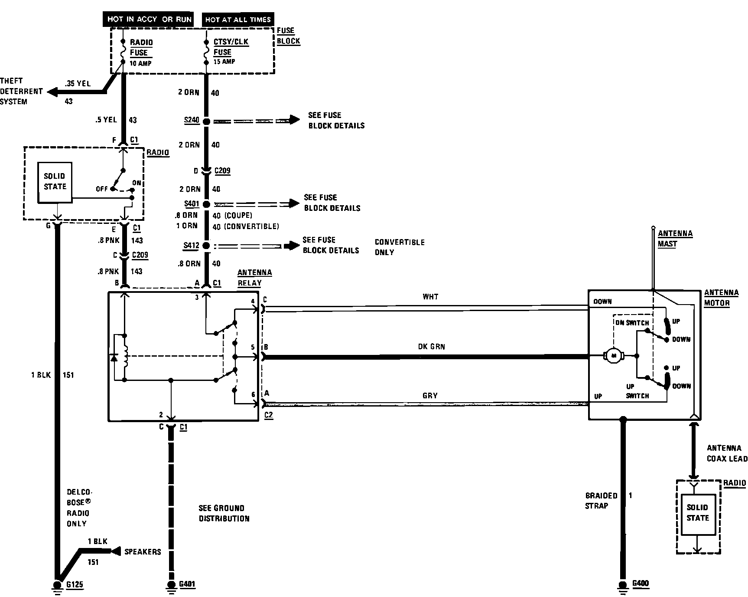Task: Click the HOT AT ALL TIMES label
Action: coord(238,20)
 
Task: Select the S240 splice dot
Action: coord(206,121)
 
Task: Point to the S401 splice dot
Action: coord(206,204)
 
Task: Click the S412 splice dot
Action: coord(206,246)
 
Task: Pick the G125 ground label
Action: coord(75,584)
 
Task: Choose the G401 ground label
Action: coord(187,584)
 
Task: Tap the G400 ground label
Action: coord(641,583)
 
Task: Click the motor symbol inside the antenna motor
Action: coord(613,356)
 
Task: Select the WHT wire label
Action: coord(430,297)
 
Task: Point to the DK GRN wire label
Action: coord(431,347)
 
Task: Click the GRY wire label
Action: coord(430,396)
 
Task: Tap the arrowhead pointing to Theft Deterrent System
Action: coord(52,92)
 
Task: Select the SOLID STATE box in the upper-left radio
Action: coord(55,182)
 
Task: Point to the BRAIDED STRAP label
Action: coord(601,501)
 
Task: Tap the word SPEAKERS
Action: coord(143,552)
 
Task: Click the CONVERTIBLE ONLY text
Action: coord(400,247)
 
